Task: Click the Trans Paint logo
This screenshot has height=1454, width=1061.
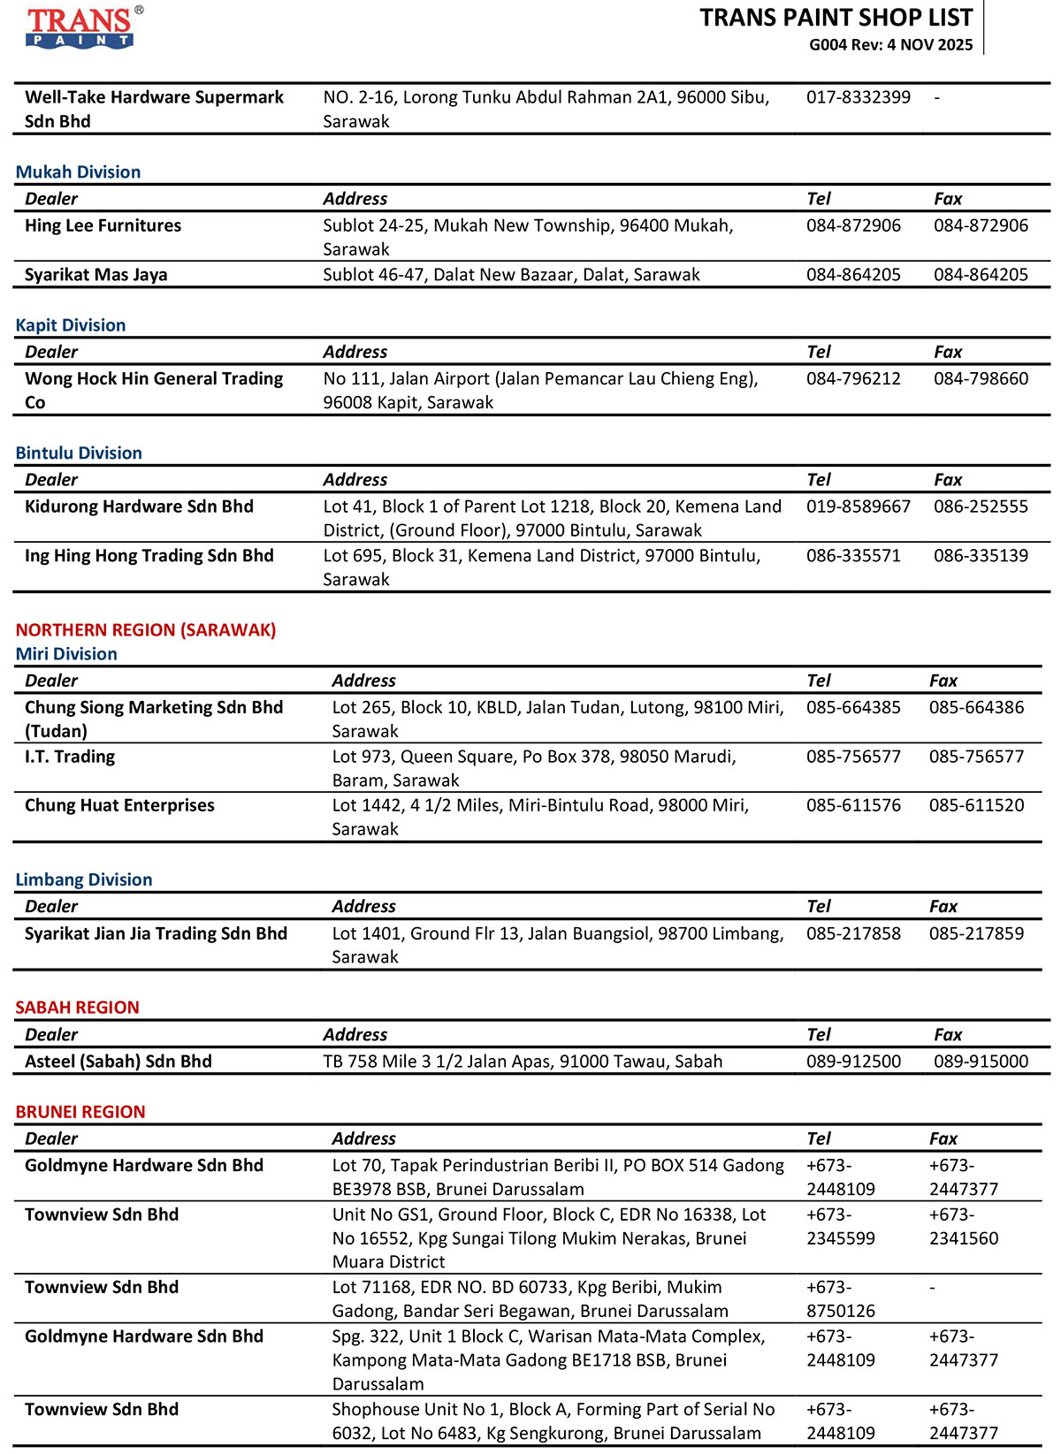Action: pyautogui.click(x=81, y=27)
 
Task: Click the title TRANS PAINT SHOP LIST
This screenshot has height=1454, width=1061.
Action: pyautogui.click(x=836, y=18)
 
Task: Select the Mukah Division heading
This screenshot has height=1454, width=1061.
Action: pyautogui.click(x=78, y=172)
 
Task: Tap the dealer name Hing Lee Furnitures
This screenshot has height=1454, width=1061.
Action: pyautogui.click(x=103, y=225)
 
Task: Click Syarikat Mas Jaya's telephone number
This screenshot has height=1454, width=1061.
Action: pyautogui.click(x=853, y=275)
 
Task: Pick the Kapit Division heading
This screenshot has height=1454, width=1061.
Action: pyautogui.click(x=71, y=325)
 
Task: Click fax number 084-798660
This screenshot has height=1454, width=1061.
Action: pyautogui.click(x=981, y=378)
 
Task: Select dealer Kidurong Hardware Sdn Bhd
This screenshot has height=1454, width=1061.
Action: pyautogui.click(x=139, y=506)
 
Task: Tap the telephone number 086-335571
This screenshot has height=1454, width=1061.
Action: pyautogui.click(x=853, y=556)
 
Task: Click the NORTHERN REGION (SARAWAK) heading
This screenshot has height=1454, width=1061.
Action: pyautogui.click(x=146, y=630)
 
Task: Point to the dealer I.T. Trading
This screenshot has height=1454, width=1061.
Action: pyautogui.click(x=70, y=757)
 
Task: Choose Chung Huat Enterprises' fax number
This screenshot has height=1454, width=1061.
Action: pyautogui.click(x=976, y=805)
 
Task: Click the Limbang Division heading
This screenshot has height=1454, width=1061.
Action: pyautogui.click(x=84, y=879)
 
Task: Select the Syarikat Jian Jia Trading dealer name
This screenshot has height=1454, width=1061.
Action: pyautogui.click(x=156, y=933)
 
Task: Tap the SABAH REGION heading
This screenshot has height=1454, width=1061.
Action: pyautogui.click(x=78, y=1008)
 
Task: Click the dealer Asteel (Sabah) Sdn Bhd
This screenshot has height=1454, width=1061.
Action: pyautogui.click(x=118, y=1062)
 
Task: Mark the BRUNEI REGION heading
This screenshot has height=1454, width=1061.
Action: pyautogui.click(x=80, y=1112)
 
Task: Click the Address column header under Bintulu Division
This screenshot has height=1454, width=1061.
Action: pyautogui.click(x=355, y=480)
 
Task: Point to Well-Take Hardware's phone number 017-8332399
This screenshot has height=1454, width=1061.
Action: pyautogui.click(x=858, y=97)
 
